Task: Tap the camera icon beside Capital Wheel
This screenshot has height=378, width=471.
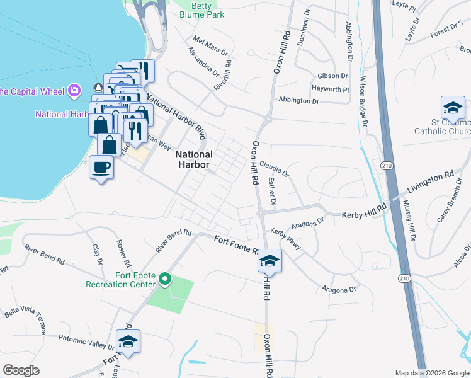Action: point(75,91)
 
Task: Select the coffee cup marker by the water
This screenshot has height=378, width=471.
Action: point(101,167)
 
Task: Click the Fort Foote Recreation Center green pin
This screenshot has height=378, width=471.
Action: point(165,278)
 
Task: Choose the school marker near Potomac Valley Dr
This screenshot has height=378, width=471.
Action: point(128,341)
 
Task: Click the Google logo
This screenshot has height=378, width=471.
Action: point(21,370)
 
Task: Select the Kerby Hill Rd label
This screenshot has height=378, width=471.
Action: point(362,215)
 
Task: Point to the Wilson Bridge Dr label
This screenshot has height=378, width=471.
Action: point(363,101)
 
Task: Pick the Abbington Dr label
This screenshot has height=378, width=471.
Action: point(298,100)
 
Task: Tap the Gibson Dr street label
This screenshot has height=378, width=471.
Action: point(332,75)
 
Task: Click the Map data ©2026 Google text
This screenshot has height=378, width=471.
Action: point(431,372)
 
